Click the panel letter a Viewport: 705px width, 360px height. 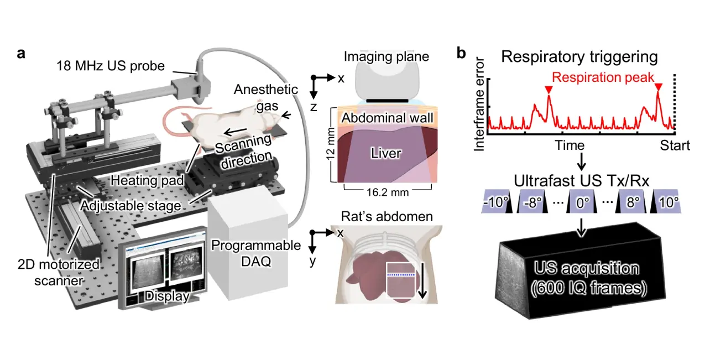[21, 54]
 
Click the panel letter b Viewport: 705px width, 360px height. [462, 54]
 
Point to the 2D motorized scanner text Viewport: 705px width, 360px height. [53, 272]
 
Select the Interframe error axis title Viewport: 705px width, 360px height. [479, 103]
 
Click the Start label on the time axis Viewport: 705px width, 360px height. [675, 145]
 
